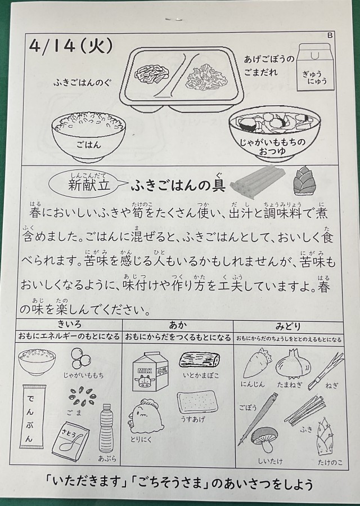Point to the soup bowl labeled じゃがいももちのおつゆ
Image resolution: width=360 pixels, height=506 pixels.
pos(274,136)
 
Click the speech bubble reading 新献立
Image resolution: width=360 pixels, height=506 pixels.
pos(88,184)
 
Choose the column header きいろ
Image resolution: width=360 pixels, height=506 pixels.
pos(69,324)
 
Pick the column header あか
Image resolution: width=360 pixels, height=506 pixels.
pos(178,325)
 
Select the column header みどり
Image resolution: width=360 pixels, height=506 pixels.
pos(288,326)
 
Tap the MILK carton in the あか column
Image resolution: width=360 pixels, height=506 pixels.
pos(150,371)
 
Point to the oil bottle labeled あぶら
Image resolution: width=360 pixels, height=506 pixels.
pos(105,428)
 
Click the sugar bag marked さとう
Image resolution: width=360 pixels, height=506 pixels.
pos(70,437)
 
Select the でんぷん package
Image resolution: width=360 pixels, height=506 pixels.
pos(34,417)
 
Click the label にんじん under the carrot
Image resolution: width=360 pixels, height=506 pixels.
pos(252,384)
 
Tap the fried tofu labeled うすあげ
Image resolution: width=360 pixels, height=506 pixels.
pos(197,402)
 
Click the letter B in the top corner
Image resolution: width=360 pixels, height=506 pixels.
pos(330,35)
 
